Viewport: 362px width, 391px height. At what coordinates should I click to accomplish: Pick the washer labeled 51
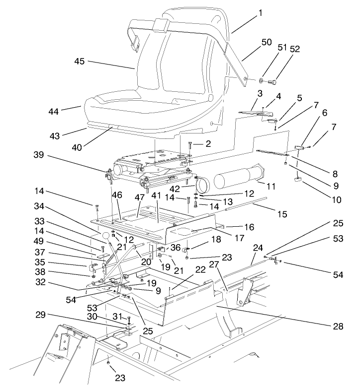(x=261, y=79)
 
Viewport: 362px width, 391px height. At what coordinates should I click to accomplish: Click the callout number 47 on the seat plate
(x=140, y=197)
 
